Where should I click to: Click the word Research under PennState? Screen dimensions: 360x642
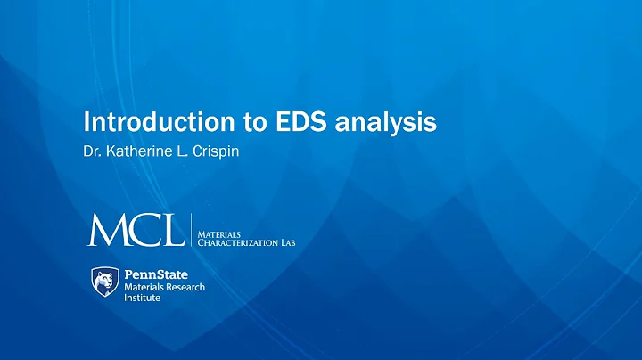point(184,287)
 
